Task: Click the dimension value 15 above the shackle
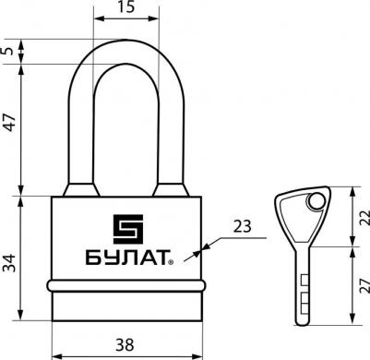pos(125,6)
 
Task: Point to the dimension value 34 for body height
pos(9,263)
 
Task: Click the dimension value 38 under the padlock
pos(125,344)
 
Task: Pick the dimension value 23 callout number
pos(243,226)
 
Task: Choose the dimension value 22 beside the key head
pos(364,218)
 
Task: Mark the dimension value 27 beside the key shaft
pos(364,285)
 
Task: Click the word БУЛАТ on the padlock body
pos(127,258)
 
